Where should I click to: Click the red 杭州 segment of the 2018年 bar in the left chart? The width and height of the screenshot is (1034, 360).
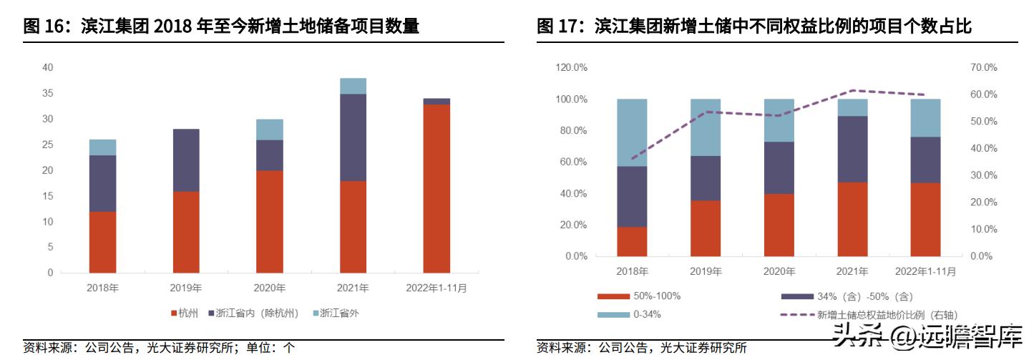point(102,242)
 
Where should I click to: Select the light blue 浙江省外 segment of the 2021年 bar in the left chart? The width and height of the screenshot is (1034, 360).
point(353,86)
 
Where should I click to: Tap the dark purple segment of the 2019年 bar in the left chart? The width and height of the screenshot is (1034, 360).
point(186,160)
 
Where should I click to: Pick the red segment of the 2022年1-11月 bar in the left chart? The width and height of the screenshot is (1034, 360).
point(436,188)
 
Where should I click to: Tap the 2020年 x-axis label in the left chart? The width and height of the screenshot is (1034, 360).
point(270,288)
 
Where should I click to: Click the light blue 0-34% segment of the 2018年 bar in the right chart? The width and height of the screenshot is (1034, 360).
point(632,132)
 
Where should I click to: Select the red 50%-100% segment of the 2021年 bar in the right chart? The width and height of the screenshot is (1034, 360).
point(852,219)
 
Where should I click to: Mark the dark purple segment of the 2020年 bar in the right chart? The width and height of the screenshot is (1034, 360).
point(779,167)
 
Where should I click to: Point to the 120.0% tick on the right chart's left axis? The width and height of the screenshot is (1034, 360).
point(572,67)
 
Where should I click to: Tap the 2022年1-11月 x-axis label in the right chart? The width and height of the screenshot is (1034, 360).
point(925,272)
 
